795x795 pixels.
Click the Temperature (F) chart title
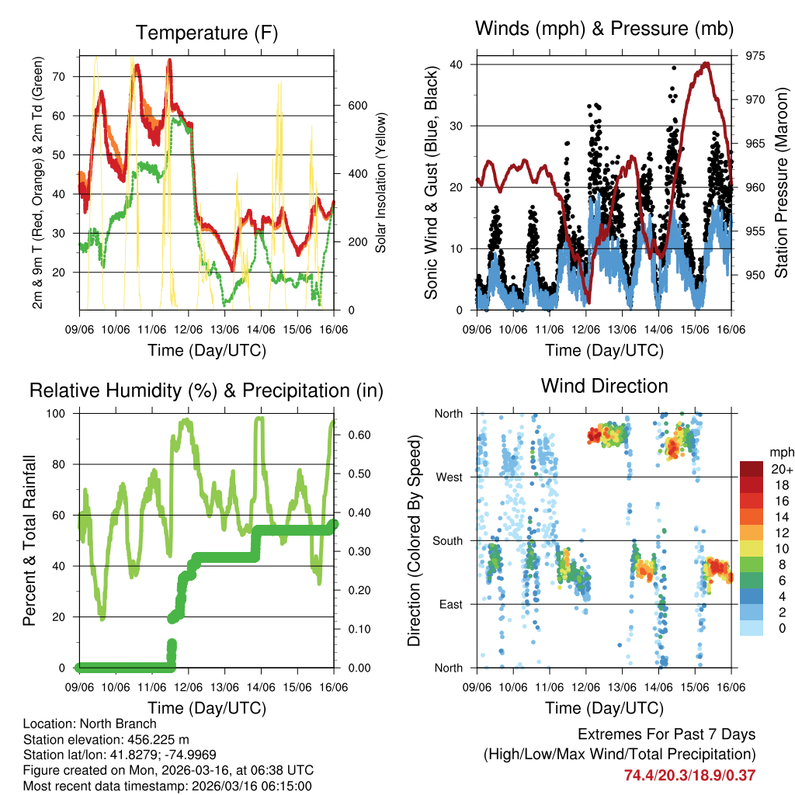(207, 33)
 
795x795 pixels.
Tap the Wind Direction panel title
(604, 385)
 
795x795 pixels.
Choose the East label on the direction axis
(450, 604)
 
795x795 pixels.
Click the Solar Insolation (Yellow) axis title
(380, 183)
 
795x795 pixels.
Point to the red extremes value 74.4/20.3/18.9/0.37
(689, 775)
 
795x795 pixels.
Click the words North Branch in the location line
(120, 724)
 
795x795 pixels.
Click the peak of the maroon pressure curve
(705, 64)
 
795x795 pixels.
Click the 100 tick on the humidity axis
(64, 413)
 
